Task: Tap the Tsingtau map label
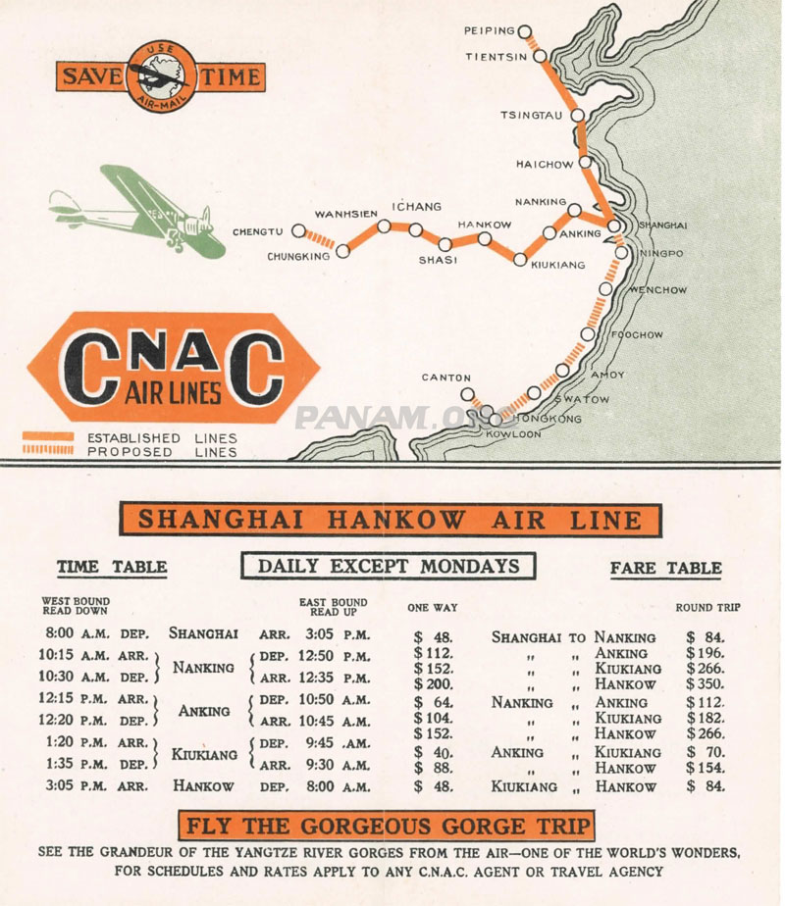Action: point(532,115)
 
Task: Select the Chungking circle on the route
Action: point(342,251)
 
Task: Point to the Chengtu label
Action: point(258,232)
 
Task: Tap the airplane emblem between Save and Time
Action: point(160,75)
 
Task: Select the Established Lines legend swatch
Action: point(48,436)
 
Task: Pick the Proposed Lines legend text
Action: point(162,452)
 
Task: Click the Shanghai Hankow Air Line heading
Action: point(390,520)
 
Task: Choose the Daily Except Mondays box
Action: point(388,566)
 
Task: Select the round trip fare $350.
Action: point(705,683)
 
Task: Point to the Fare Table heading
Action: point(665,568)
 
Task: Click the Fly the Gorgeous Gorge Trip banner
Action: point(386,825)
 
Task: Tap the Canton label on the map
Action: point(446,377)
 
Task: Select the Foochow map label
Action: point(637,335)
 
